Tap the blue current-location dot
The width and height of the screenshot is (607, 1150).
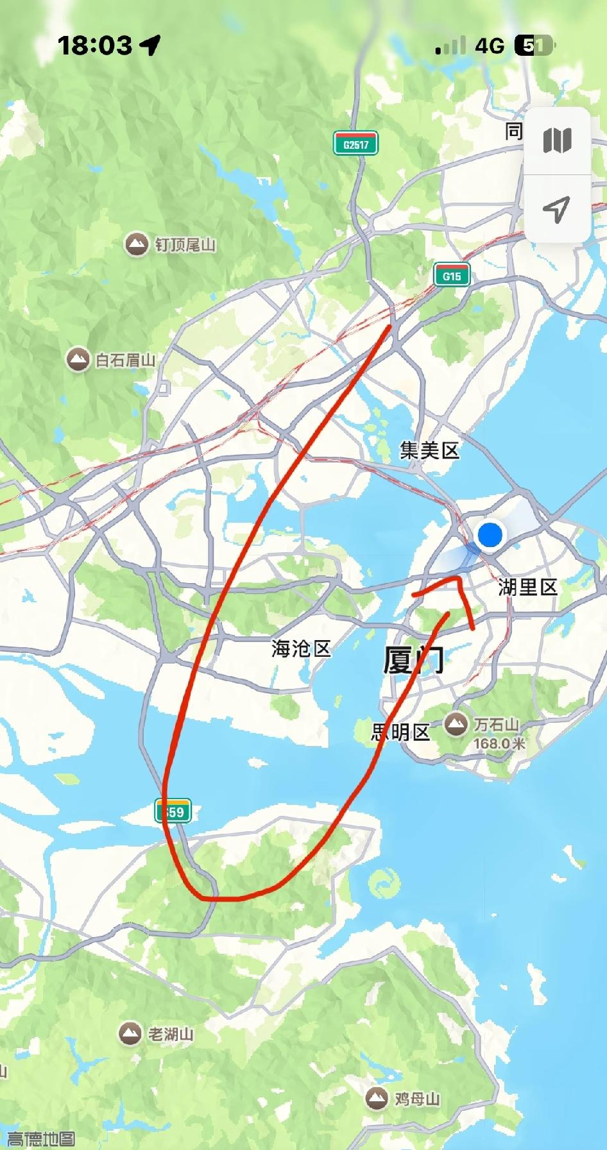pos(490,534)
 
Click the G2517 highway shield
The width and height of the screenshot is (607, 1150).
pos(355,144)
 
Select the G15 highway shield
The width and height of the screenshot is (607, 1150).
pos(452,276)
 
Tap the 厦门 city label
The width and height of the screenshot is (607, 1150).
pos(413,660)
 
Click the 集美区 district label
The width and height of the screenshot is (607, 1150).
pos(429,450)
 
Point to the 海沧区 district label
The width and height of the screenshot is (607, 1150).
pos(300,648)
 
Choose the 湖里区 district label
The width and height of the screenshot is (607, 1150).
pos(527,587)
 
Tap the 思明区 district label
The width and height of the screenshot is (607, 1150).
pos(400,732)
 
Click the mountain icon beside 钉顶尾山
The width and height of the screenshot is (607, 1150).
pos(136,244)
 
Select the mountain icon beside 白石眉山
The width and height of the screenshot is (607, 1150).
pos(79,360)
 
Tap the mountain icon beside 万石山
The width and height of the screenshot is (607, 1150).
pos(456,725)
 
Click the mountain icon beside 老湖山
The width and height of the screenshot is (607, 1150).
pos(130,1033)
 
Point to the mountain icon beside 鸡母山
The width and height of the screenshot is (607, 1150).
pos(377,1098)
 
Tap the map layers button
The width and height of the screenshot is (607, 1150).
pos(557,140)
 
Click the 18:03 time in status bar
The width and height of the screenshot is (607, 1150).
pos(95,45)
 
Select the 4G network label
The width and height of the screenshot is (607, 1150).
pos(490,46)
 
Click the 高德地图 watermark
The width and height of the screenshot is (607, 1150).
pos(40,1139)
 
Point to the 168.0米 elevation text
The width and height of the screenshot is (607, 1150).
pos(499,743)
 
